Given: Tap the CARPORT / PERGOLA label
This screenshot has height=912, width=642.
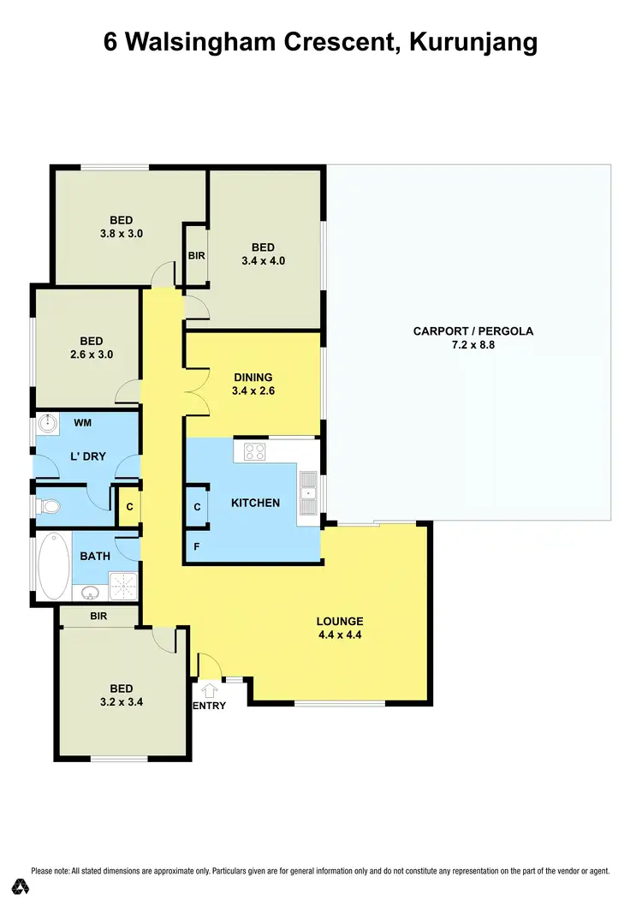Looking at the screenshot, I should pyautogui.click(x=473, y=331).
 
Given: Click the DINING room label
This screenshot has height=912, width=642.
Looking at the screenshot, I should pyautogui.click(x=253, y=377).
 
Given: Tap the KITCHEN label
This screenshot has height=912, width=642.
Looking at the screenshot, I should pyautogui.click(x=255, y=503).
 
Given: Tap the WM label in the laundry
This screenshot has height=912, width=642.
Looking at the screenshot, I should pyautogui.click(x=82, y=423).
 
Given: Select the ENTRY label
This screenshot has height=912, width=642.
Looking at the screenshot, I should pyautogui.click(x=210, y=706).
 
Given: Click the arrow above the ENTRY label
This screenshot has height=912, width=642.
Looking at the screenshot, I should pyautogui.click(x=209, y=688).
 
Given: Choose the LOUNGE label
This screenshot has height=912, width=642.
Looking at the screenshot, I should pyautogui.click(x=340, y=622).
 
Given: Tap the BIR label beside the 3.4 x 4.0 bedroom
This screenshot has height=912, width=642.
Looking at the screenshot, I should pyautogui.click(x=196, y=255).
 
